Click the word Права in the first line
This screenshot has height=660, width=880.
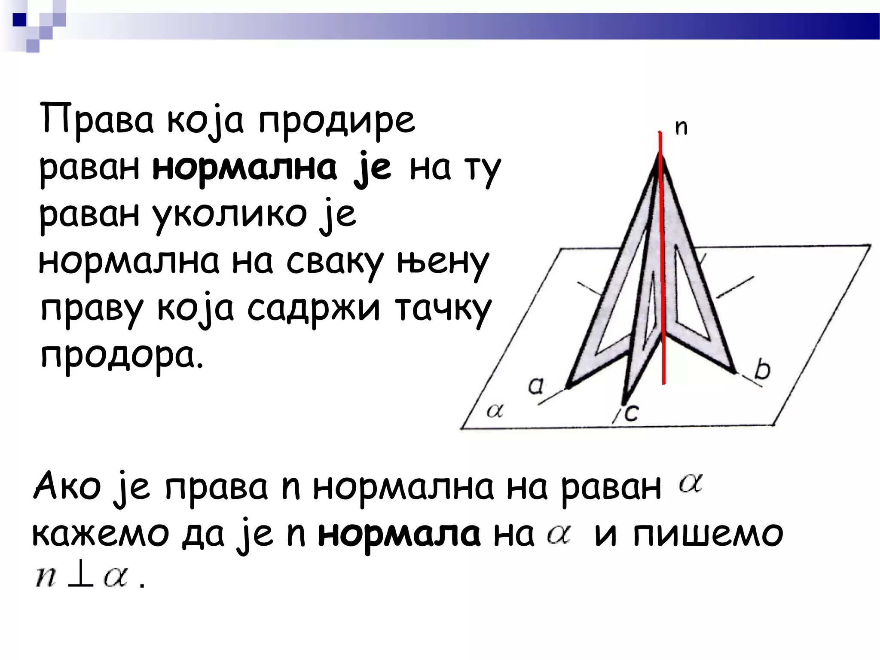coord(96,119)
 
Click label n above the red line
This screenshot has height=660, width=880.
coord(681,127)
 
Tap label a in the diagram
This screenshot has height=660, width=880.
coord(536,385)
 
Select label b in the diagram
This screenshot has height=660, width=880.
coord(762,370)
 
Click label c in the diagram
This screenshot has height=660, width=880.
coord(631,413)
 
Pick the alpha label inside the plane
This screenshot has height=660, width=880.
coord(495,411)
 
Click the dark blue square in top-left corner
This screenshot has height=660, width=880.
coord(20,20)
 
